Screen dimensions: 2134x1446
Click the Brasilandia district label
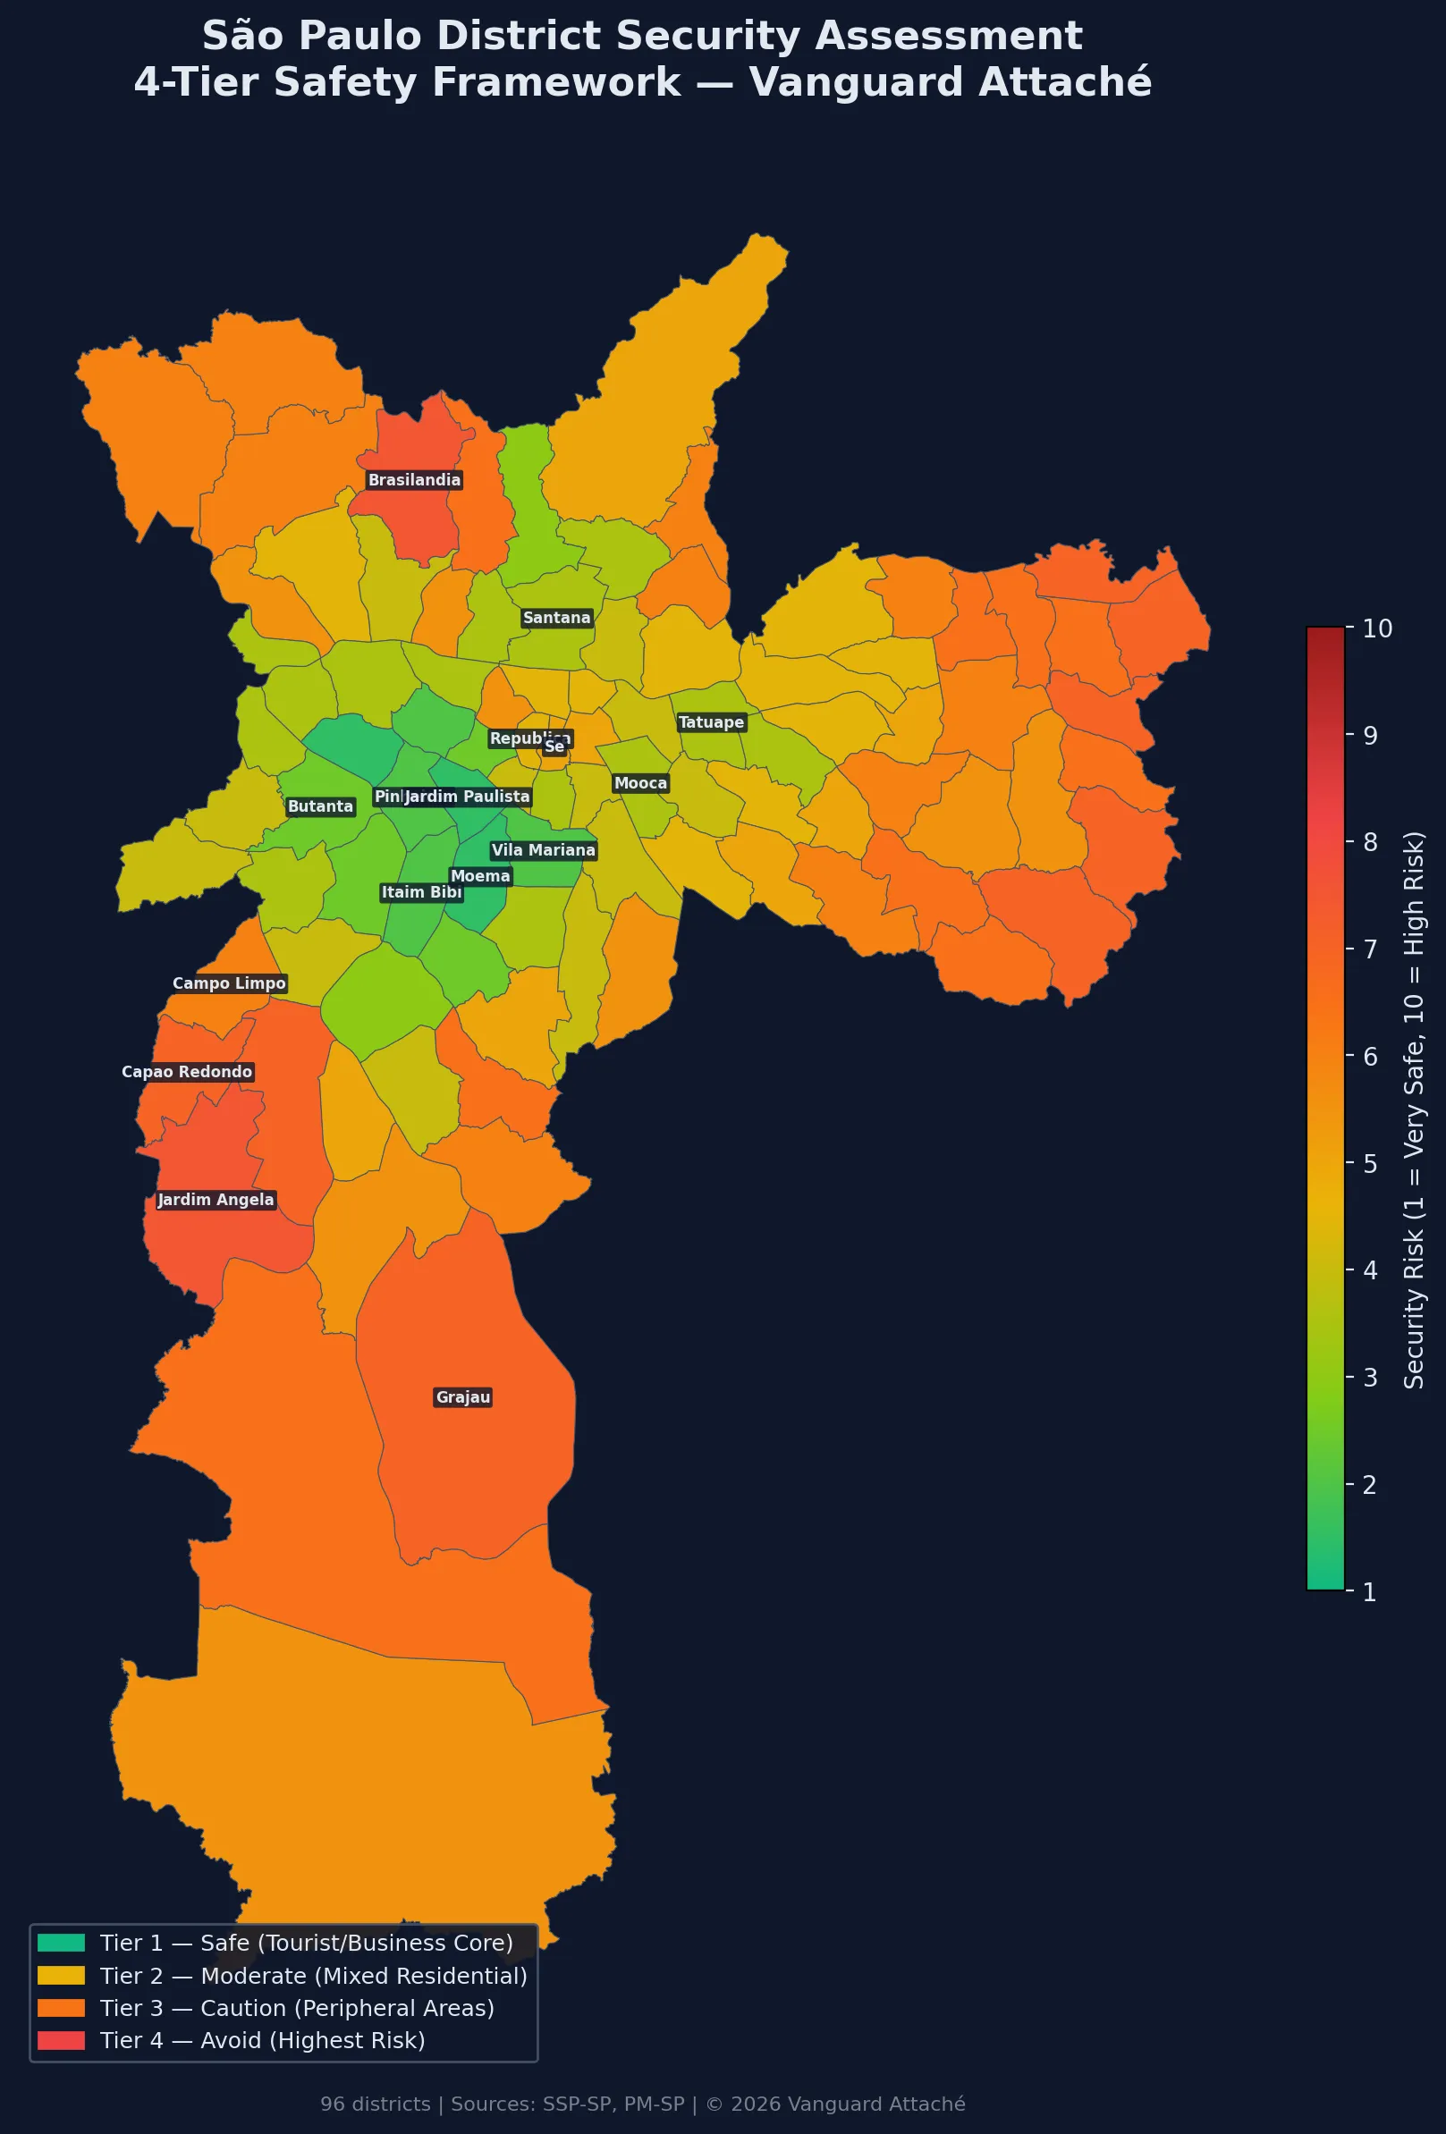(414, 480)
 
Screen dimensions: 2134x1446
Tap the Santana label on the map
(557, 618)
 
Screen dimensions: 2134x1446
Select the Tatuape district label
(711, 722)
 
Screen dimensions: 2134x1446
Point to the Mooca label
(640, 783)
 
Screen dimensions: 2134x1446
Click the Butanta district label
(320, 806)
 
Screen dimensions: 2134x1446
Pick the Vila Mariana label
(543, 850)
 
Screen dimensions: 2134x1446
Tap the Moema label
(479, 876)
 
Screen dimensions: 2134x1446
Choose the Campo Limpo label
(229, 983)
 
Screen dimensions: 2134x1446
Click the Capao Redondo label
(187, 1072)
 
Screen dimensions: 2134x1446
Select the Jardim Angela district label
(216, 1199)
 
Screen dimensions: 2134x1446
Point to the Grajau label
(463, 1396)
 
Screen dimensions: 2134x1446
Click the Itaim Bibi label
(421, 892)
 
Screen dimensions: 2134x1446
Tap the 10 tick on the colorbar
(1376, 628)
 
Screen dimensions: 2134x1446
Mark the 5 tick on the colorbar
(1369, 1163)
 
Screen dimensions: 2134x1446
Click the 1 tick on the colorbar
(1369, 1591)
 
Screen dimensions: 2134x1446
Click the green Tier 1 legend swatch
(61, 1942)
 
